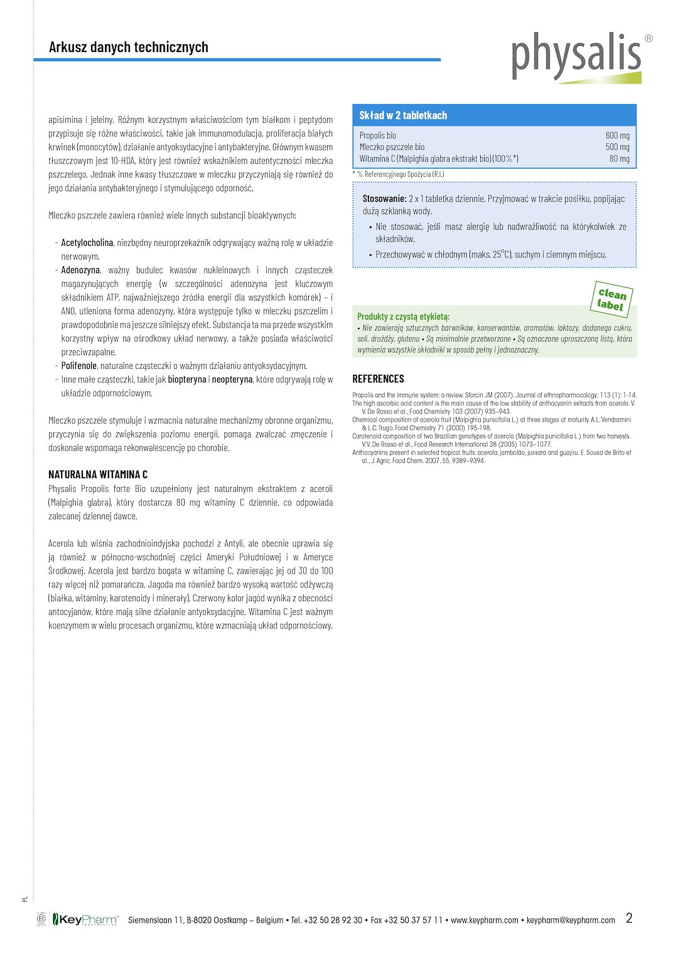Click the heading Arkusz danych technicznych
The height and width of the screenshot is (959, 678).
point(129,47)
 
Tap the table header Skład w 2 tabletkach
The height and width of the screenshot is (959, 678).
point(403,115)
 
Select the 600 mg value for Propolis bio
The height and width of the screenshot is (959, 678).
point(617,136)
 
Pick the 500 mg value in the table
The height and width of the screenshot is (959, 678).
point(617,147)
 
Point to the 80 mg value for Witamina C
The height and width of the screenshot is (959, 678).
point(619,159)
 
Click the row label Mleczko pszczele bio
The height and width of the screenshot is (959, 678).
point(392,147)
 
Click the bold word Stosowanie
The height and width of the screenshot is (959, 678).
point(384,199)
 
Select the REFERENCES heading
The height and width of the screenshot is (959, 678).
point(378,379)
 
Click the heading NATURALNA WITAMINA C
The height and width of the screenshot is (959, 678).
point(98,474)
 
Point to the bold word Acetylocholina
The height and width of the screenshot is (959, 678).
point(87,243)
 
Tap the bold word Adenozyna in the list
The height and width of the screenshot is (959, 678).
point(80,271)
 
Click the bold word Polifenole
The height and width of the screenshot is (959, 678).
point(79,366)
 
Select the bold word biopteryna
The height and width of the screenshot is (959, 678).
point(187,380)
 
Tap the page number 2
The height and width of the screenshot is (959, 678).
point(629,918)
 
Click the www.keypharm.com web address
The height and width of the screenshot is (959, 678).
point(485,920)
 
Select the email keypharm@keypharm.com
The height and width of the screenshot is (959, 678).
point(571,920)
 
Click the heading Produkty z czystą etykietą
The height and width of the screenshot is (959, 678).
point(403,317)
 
